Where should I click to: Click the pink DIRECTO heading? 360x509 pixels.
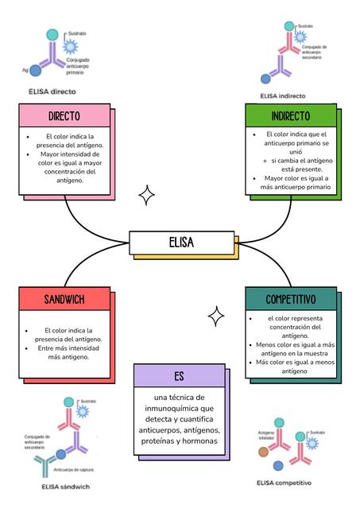pos(64,116)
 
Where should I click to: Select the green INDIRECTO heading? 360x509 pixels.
pos(290,116)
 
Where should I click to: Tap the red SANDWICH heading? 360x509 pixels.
pos(64,299)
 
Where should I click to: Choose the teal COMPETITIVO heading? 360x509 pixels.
pos(290,299)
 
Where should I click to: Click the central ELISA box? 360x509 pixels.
pos(181,243)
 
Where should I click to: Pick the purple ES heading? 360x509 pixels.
pos(179,376)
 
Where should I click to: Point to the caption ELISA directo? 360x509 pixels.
pos(58,91)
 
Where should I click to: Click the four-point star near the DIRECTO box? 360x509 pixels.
pos(146,195)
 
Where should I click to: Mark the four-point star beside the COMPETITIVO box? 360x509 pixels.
pos(215,317)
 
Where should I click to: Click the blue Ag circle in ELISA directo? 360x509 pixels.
pos(36,71)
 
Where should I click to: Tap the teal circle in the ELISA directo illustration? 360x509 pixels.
pos(52,35)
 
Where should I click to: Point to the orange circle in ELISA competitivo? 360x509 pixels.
pos(264,452)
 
